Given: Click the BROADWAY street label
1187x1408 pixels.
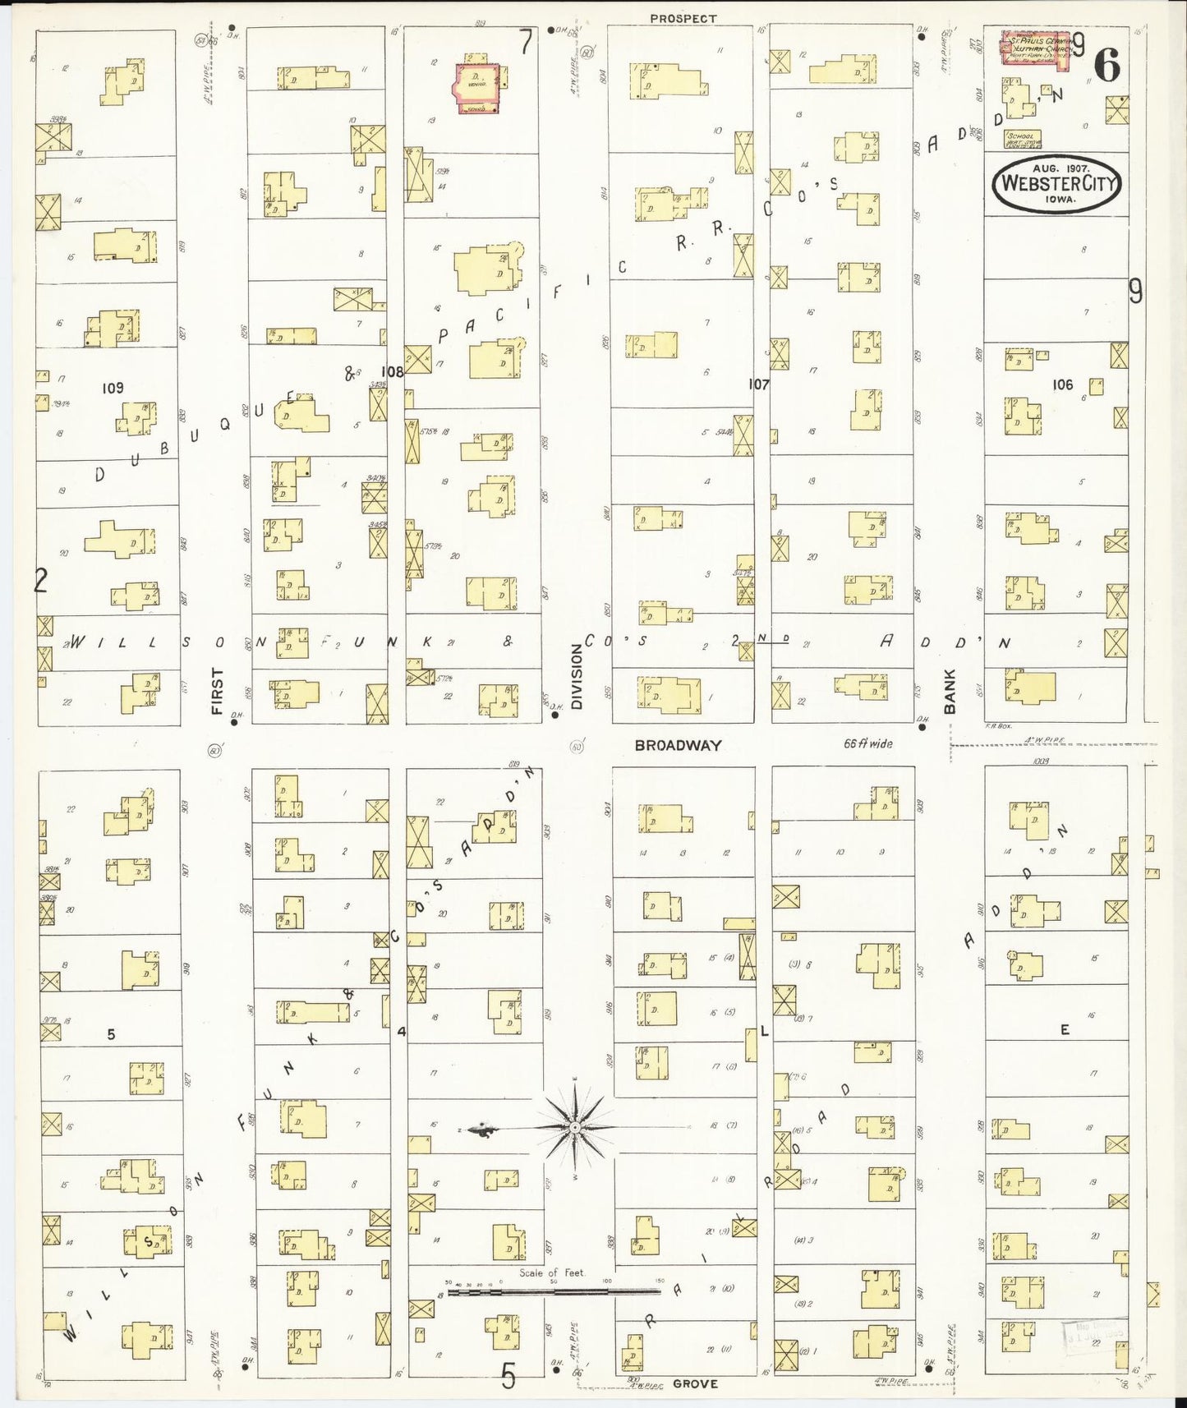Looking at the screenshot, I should [678, 746].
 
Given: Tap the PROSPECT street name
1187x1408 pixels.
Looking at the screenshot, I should [683, 18].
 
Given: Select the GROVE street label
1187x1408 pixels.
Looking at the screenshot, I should [695, 1383].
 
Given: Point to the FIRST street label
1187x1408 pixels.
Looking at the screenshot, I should [218, 690].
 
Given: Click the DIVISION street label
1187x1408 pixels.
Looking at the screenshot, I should [577, 675].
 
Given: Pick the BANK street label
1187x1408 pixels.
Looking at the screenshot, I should [950, 690].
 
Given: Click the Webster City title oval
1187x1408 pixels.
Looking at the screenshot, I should [1056, 183].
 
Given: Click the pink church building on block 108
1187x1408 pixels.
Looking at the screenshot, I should [477, 84].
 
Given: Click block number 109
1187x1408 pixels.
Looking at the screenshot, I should [113, 388].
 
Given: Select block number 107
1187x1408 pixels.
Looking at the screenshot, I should [758, 384].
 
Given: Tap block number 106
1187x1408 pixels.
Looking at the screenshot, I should [1062, 384].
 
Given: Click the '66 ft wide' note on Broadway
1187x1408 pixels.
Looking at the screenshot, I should [867, 743].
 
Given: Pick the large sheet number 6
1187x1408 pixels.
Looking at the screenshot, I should [1107, 66].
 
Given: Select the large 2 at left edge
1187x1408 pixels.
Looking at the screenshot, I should [40, 581].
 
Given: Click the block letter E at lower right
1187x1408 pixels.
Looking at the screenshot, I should [1065, 1030].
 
